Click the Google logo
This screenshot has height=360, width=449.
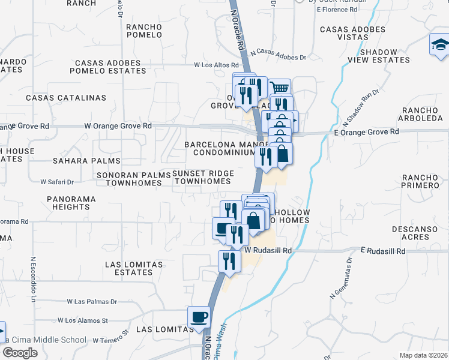(20, 352)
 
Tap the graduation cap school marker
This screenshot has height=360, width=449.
(439, 45)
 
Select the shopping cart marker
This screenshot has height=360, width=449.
(280, 88)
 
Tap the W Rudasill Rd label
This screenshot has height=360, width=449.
(268, 250)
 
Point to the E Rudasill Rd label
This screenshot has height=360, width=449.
(384, 249)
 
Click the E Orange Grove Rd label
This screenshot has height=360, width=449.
(366, 131)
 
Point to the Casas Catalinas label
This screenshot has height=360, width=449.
(66, 98)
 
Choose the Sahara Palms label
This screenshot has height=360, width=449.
(86, 161)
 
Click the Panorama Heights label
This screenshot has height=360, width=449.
(71, 202)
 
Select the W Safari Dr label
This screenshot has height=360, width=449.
(56, 182)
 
